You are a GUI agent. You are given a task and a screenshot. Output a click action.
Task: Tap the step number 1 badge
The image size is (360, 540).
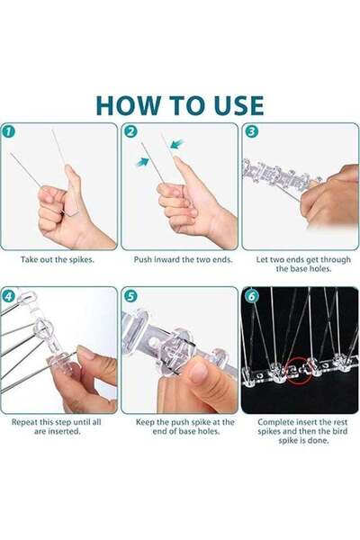point(9,131)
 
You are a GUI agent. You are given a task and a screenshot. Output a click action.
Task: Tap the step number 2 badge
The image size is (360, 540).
point(130,131)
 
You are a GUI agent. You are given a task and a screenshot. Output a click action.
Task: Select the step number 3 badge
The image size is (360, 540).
point(251,131)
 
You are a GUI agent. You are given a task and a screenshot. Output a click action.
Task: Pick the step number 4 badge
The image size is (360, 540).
point(9,294)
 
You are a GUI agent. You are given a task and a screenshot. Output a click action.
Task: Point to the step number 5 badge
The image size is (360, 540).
point(130,294)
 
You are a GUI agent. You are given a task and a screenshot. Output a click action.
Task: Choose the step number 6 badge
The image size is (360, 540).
point(251,294)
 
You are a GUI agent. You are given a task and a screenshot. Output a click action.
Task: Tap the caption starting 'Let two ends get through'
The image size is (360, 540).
point(300,264)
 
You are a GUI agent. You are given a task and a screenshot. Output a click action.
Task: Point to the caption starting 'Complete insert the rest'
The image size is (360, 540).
point(300,430)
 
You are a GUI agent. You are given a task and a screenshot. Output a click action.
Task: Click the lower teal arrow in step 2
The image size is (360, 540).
point(143,162)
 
